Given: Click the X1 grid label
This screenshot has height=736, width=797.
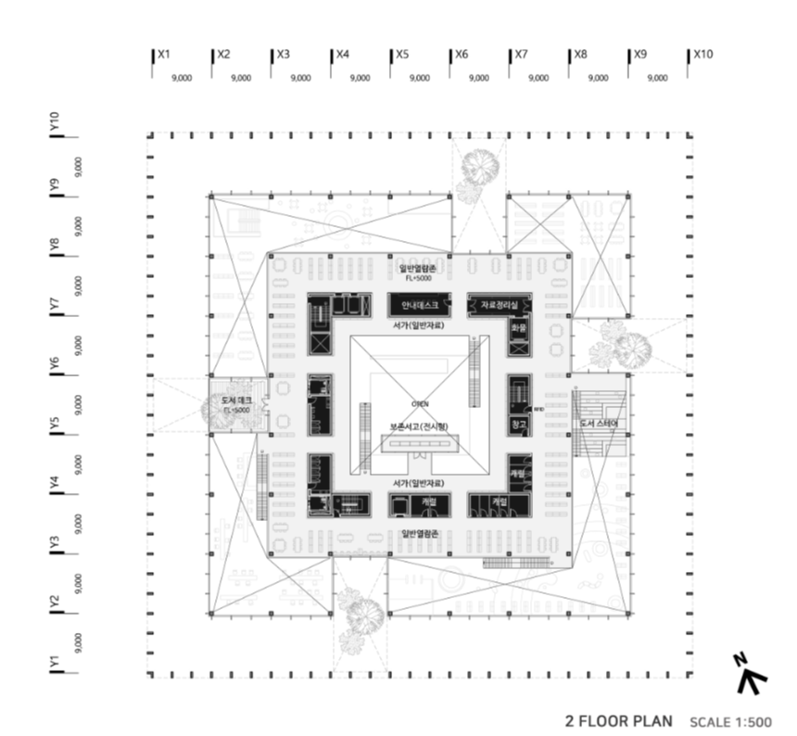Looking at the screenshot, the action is point(163,55).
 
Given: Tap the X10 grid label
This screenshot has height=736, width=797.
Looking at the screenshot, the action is point(702,55).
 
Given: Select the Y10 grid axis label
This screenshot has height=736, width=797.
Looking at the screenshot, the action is point(55,121).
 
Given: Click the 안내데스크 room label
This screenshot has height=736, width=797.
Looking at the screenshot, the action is point(419,305).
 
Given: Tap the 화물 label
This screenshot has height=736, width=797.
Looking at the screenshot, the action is point(518,327).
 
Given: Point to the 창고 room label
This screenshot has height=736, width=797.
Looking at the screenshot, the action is point(518,425).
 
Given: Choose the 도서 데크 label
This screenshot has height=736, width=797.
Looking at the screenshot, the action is point(236,400).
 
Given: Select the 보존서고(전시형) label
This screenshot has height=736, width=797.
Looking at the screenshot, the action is point(419,427).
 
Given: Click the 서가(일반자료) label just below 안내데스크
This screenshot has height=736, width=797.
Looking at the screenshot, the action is point(419,327).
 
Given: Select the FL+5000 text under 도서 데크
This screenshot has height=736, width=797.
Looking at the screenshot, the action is point(236,410).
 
